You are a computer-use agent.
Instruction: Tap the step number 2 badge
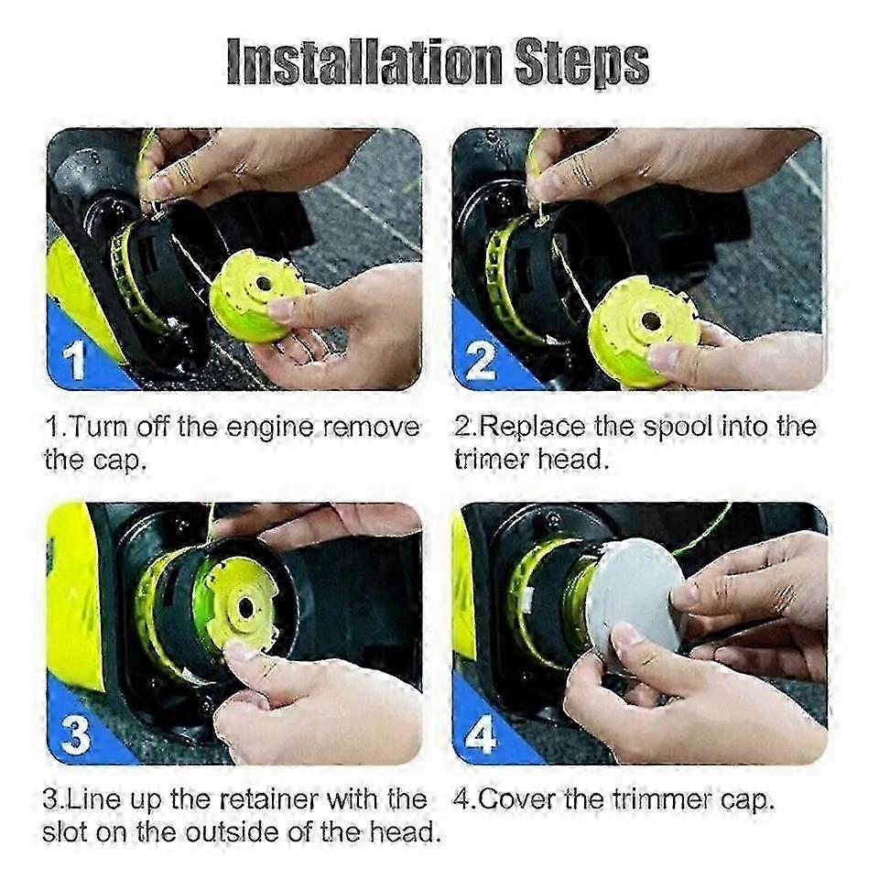(x=481, y=361)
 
